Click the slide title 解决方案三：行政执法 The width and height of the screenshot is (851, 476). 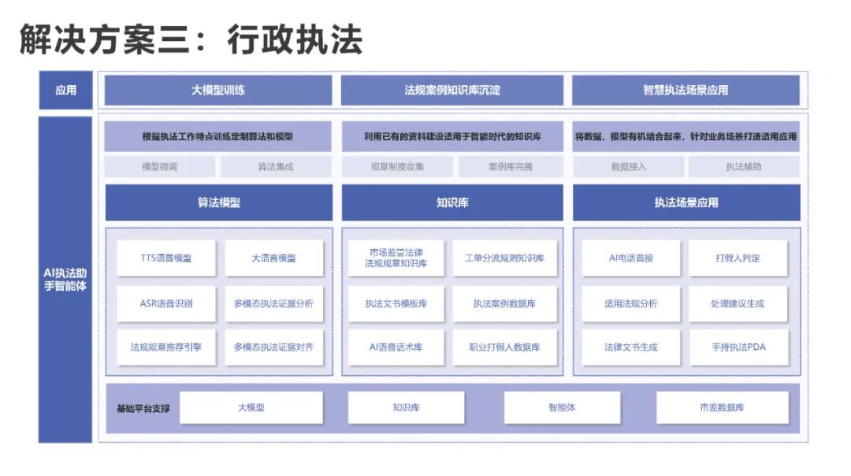point(191,39)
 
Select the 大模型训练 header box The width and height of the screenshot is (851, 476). point(218,90)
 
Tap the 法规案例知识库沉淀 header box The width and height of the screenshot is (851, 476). point(452,90)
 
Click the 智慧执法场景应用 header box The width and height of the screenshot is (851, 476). point(686,90)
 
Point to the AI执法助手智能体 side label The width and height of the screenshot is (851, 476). point(65,280)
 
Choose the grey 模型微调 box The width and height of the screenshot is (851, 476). point(159,166)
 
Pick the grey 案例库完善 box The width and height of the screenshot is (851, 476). point(510,166)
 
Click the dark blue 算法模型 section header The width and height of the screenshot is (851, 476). point(218,203)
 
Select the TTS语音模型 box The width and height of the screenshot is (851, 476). point(165,258)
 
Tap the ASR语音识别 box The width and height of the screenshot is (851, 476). point(165,303)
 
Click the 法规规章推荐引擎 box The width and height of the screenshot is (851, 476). point(165,347)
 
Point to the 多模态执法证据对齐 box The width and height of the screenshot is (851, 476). point(273,347)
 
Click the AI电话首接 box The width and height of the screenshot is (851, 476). point(630,258)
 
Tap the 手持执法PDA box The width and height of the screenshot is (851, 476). point(738,347)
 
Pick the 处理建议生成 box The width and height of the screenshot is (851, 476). point(738,303)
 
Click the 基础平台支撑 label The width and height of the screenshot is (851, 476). point(143,408)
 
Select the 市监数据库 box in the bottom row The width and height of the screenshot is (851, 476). point(722,407)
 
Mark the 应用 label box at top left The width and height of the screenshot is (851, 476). point(65,90)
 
